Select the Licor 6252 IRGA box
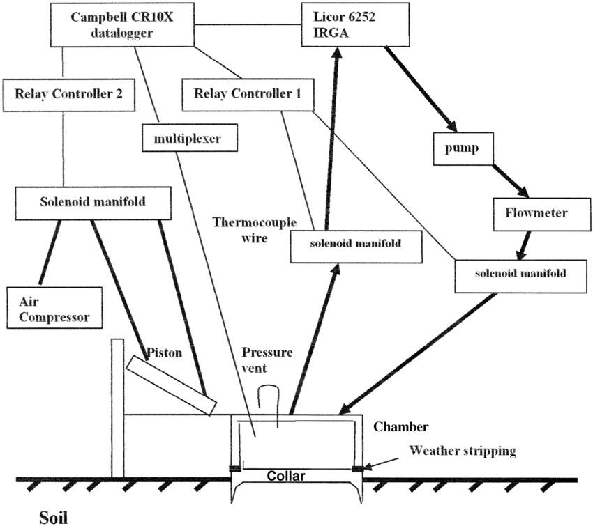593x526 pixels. click(x=340, y=26)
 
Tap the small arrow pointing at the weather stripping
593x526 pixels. click(x=373, y=463)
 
